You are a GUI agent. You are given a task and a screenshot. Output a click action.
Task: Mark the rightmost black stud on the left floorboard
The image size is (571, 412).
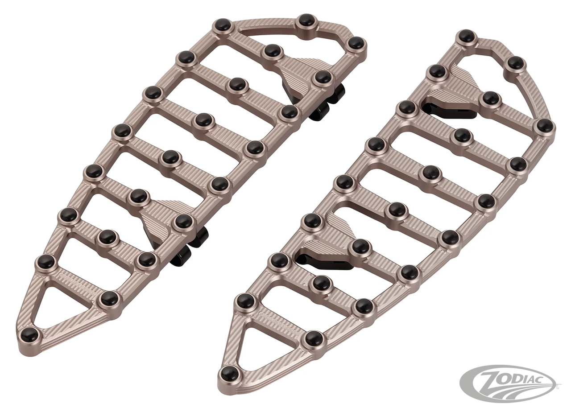tap(356, 43)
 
